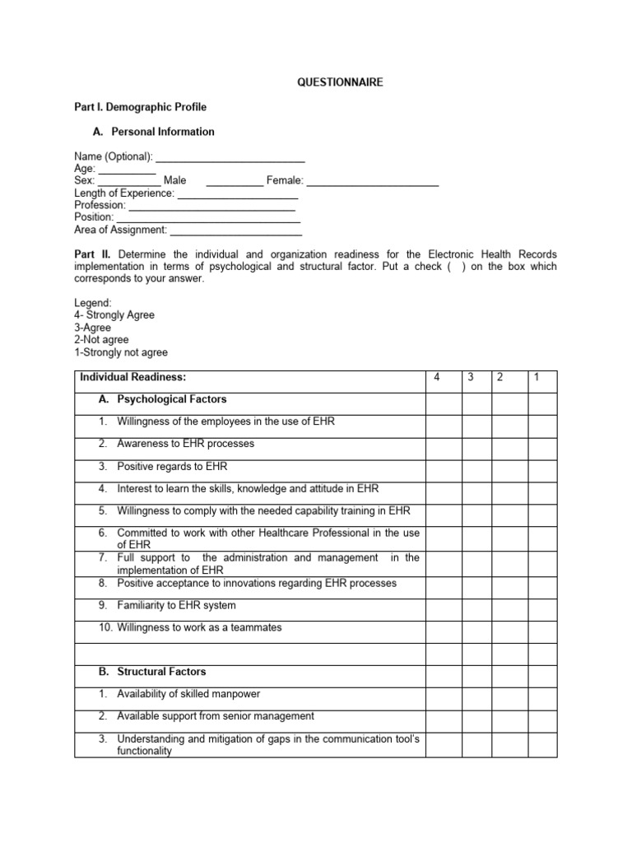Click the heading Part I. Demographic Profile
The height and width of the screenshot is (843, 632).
140,107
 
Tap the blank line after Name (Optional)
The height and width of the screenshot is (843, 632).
230,156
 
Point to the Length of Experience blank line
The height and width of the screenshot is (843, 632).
238,193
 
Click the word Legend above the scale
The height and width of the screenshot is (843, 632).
92,303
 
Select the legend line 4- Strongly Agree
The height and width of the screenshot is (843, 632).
114,315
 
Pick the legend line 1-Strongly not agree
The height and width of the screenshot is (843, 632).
121,352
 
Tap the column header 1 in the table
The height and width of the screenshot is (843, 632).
536,377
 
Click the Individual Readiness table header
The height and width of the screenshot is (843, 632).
133,377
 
